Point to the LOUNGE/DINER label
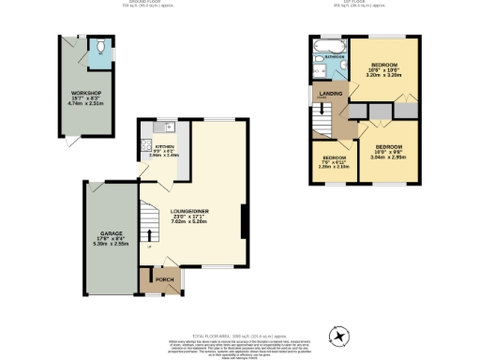coord(189,211)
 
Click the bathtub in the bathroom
coord(330,45)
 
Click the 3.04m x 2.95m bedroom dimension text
coord(388,157)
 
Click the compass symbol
coord(339,335)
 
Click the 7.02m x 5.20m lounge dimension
coord(189,222)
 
